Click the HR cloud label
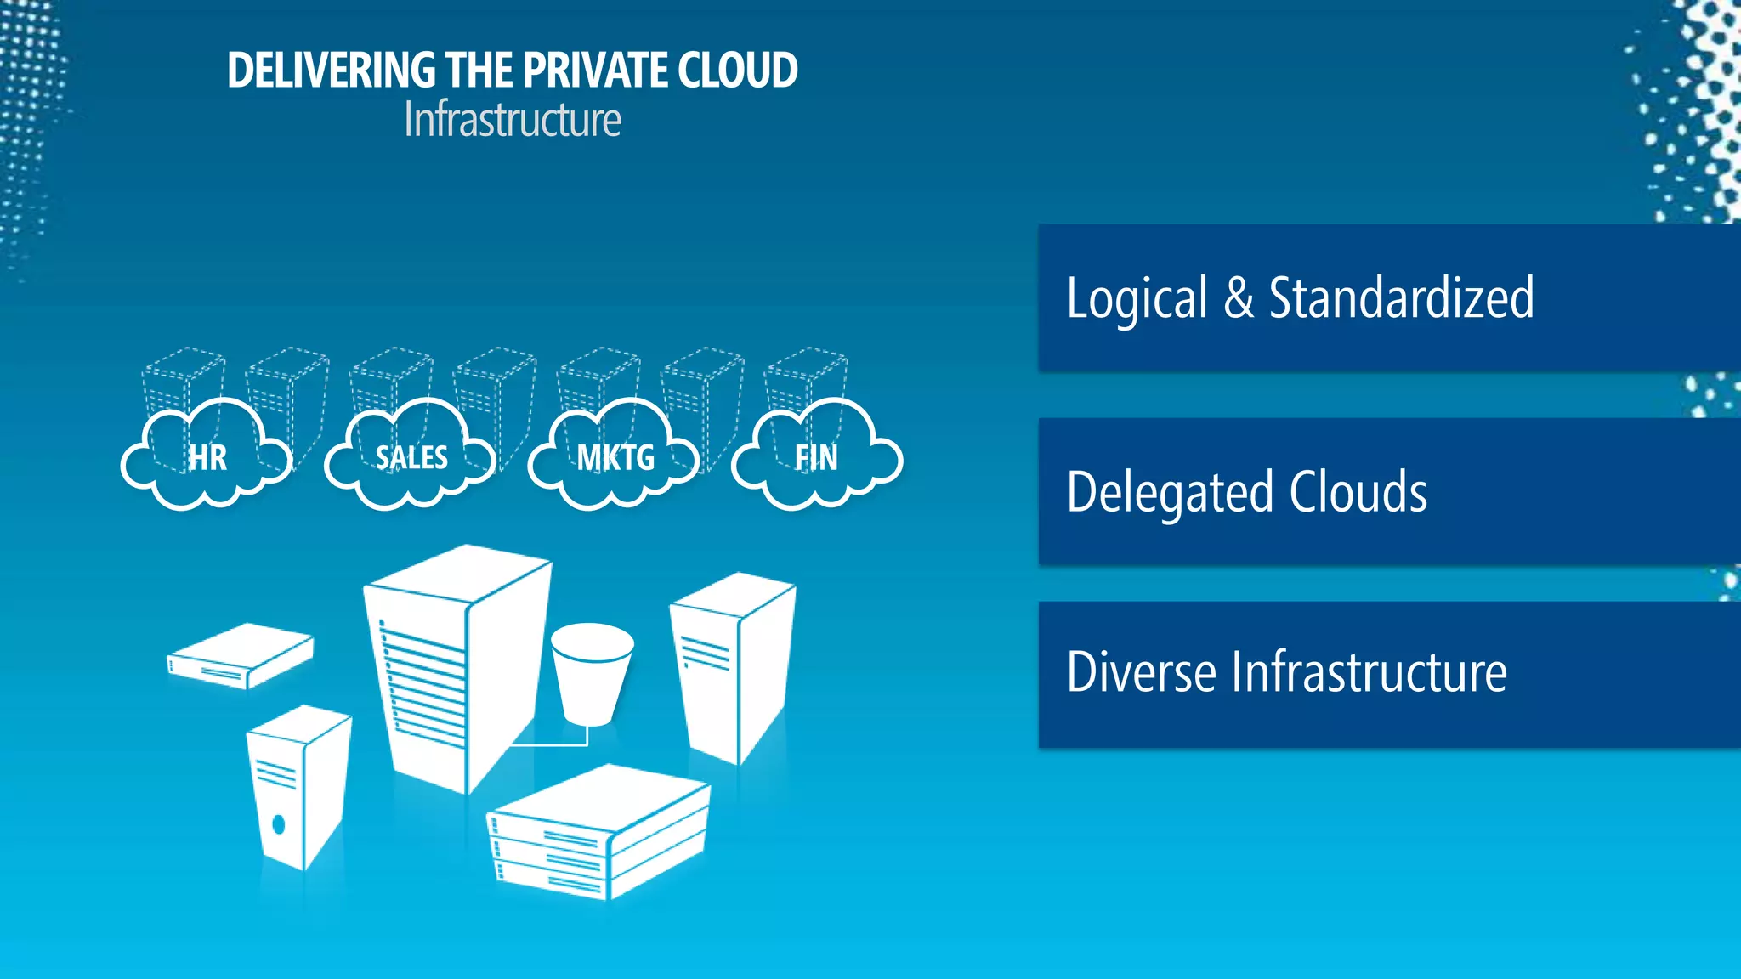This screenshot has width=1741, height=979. click(207, 457)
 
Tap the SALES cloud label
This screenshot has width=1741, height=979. click(411, 457)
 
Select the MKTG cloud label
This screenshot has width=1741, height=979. click(615, 457)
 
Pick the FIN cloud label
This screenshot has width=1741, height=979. click(816, 457)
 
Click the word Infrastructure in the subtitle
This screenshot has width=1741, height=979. click(513, 120)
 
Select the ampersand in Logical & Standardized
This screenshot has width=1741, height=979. click(1239, 297)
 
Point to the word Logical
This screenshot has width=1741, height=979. click(1137, 298)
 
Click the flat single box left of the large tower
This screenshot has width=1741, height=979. click(241, 654)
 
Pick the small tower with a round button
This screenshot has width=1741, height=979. click(298, 786)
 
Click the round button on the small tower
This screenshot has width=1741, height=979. click(278, 823)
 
